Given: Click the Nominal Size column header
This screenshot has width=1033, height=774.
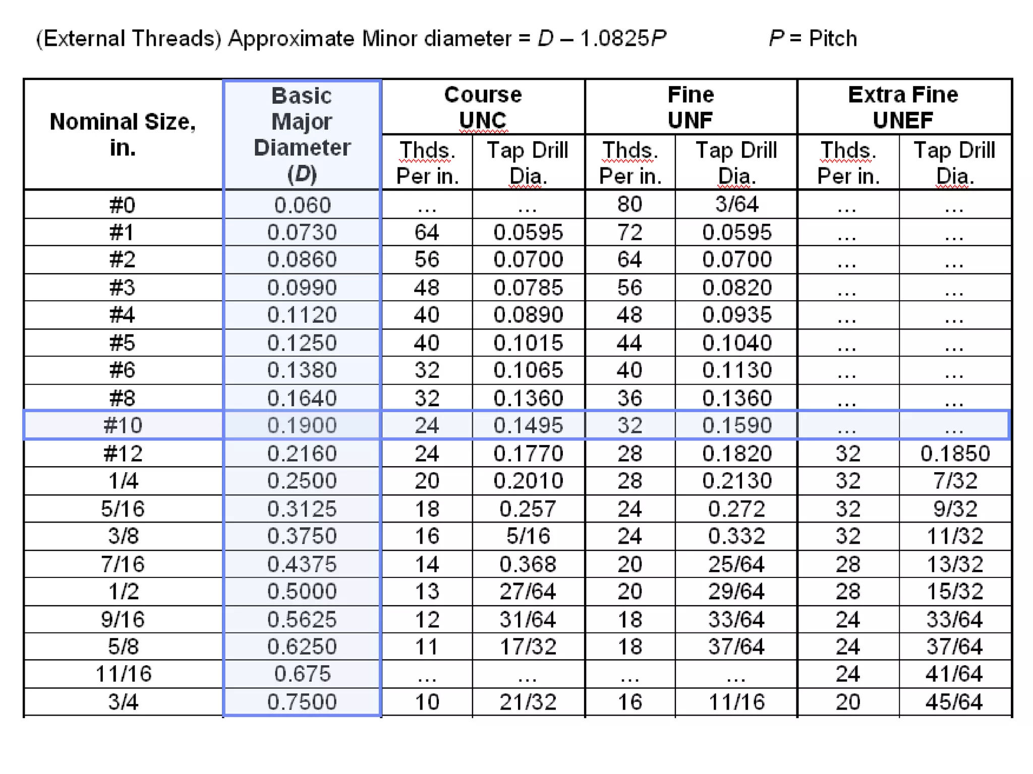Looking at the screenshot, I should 123,134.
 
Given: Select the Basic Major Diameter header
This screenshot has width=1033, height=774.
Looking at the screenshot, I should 302,134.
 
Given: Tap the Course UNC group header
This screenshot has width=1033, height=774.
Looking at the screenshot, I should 483,107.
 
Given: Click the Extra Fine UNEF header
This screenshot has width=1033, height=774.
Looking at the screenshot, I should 903,107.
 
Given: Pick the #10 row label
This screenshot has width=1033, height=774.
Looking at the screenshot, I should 123,425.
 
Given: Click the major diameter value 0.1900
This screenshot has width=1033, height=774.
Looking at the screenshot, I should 302,425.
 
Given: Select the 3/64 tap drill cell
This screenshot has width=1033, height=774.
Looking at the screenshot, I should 736,204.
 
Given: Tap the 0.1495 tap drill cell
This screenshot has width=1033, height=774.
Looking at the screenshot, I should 528,425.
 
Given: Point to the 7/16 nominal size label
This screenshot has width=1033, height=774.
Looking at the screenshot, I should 123,564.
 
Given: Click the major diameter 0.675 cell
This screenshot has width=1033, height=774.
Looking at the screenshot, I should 302,674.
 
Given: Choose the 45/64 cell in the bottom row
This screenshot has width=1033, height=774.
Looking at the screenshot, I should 954,702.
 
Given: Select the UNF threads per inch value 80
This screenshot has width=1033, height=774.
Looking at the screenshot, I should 629,204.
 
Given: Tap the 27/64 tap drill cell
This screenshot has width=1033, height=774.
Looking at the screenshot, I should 528,591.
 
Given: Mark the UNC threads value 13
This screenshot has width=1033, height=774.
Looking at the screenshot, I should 427,591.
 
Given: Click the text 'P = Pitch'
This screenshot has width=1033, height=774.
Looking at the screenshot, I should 813,38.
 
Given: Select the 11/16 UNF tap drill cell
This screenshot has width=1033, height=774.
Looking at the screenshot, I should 736,702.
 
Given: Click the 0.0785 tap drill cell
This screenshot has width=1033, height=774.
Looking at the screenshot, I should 528,287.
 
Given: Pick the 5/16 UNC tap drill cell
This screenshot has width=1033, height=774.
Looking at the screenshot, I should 528,536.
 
